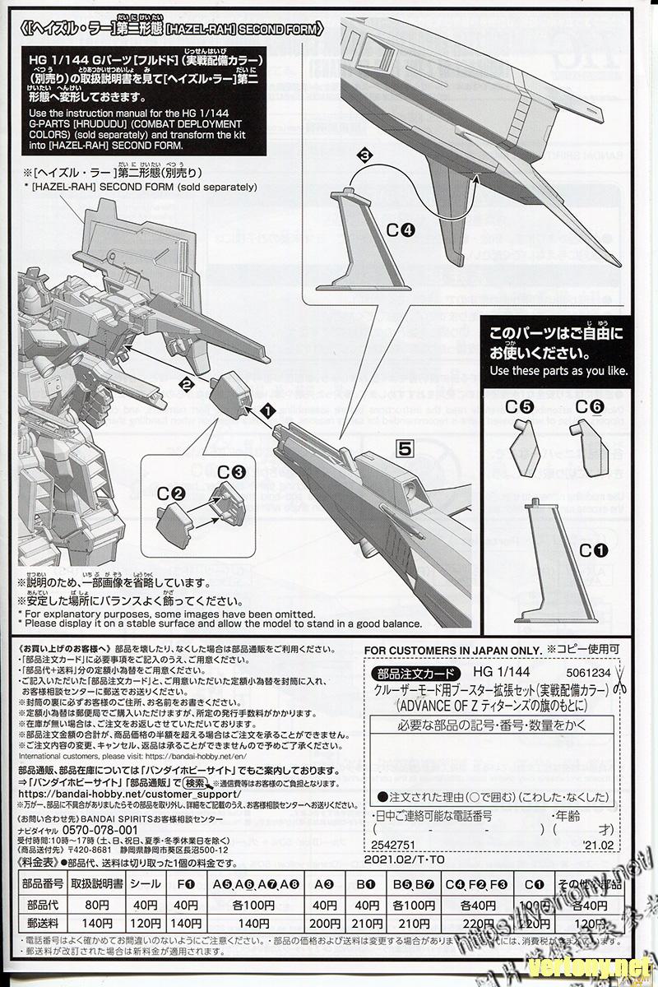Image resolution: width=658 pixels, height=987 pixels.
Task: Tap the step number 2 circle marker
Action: pos(188,383)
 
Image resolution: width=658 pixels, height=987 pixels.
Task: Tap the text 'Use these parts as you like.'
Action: pos(558,370)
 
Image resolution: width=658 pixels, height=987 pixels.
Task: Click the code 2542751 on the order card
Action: pos(395,844)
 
